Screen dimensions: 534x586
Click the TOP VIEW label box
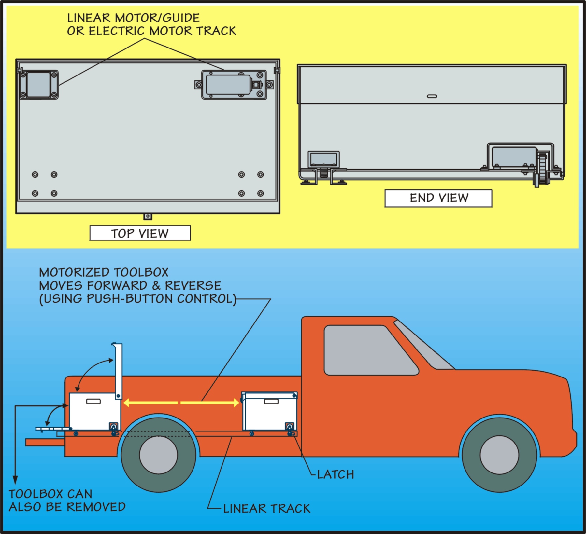pyautogui.click(x=140, y=233)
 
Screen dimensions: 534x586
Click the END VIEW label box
pyautogui.click(x=438, y=198)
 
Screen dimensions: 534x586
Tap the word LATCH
pyautogui.click(x=336, y=474)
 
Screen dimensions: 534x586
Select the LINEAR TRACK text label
pyautogui.click(x=267, y=509)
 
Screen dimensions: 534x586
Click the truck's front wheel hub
pyautogui.click(x=499, y=455)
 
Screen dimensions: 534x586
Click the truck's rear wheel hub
pyautogui.click(x=158, y=455)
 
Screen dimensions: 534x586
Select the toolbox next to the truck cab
pyautogui.click(x=270, y=412)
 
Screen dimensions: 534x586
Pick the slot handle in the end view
pyautogui.click(x=432, y=96)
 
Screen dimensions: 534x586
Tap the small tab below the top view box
pyautogui.click(x=148, y=216)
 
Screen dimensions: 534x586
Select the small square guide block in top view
pyautogui.click(x=39, y=85)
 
